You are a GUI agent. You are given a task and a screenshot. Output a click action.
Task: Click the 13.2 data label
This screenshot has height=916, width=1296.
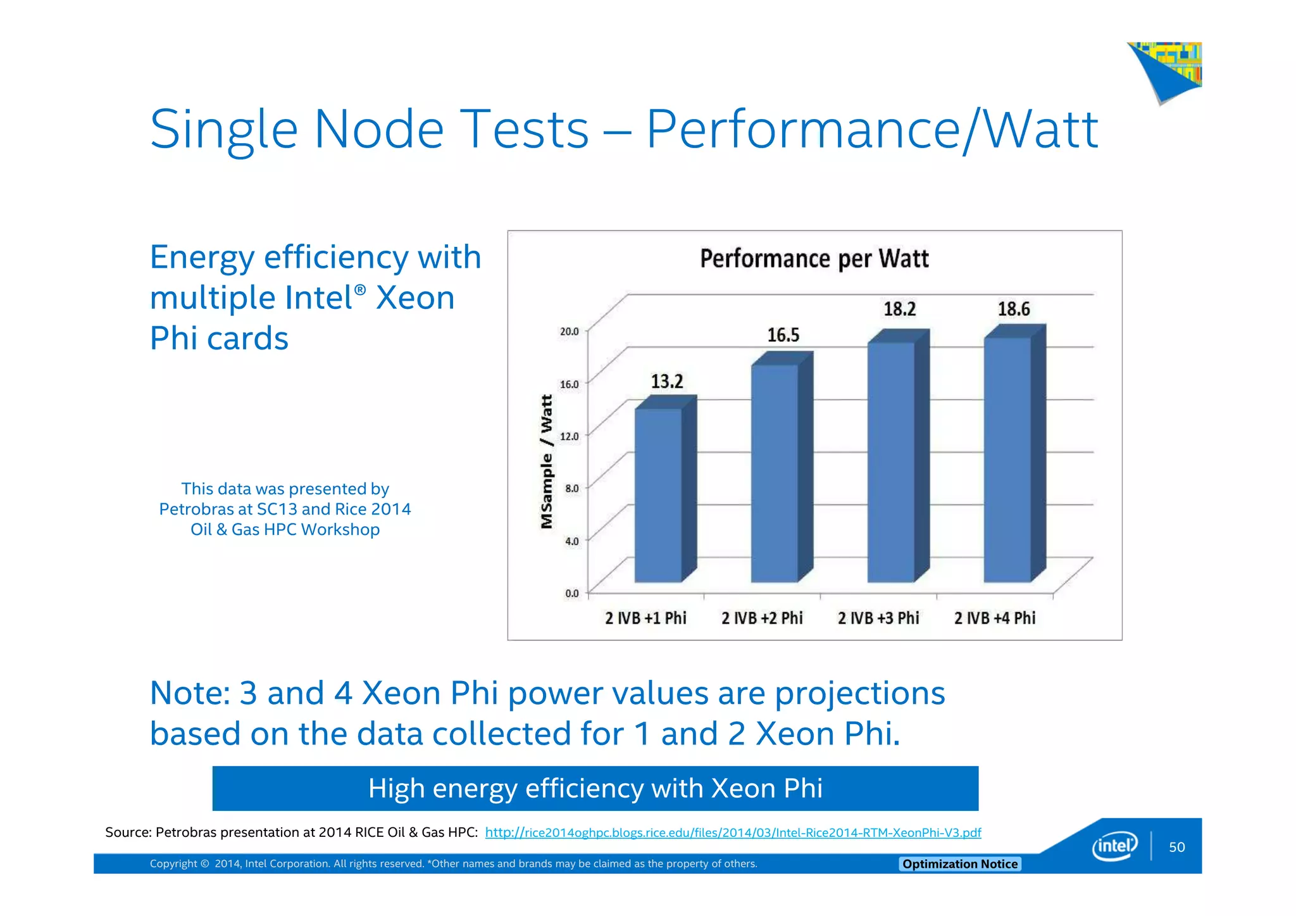coord(667,382)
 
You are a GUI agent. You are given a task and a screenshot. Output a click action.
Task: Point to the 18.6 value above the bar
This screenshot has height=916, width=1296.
coord(1014,309)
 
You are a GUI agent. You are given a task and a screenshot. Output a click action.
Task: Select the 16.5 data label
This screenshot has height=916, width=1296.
coord(783,335)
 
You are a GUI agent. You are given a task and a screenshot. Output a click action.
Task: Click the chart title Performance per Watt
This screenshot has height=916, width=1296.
coord(814,259)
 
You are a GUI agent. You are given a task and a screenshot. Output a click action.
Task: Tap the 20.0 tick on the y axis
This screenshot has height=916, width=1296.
coord(569,331)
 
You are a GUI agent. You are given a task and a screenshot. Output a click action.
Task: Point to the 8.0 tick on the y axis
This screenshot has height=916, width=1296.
coord(571,488)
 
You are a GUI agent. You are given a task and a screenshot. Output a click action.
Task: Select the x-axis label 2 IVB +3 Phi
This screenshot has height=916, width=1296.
coord(878,618)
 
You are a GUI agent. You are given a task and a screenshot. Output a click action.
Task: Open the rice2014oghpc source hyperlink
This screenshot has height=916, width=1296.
coord(733,832)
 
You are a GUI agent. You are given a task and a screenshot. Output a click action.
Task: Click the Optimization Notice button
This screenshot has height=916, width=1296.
coord(959,864)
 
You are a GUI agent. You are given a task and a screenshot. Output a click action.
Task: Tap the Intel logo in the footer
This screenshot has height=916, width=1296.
coord(1114,846)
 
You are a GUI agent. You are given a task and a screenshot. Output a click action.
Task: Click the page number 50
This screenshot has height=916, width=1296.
coord(1176,847)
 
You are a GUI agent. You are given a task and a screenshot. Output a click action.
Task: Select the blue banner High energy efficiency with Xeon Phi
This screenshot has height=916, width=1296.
coord(595,788)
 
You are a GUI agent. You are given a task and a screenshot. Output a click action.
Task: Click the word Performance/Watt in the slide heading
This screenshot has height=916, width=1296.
coord(871,130)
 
